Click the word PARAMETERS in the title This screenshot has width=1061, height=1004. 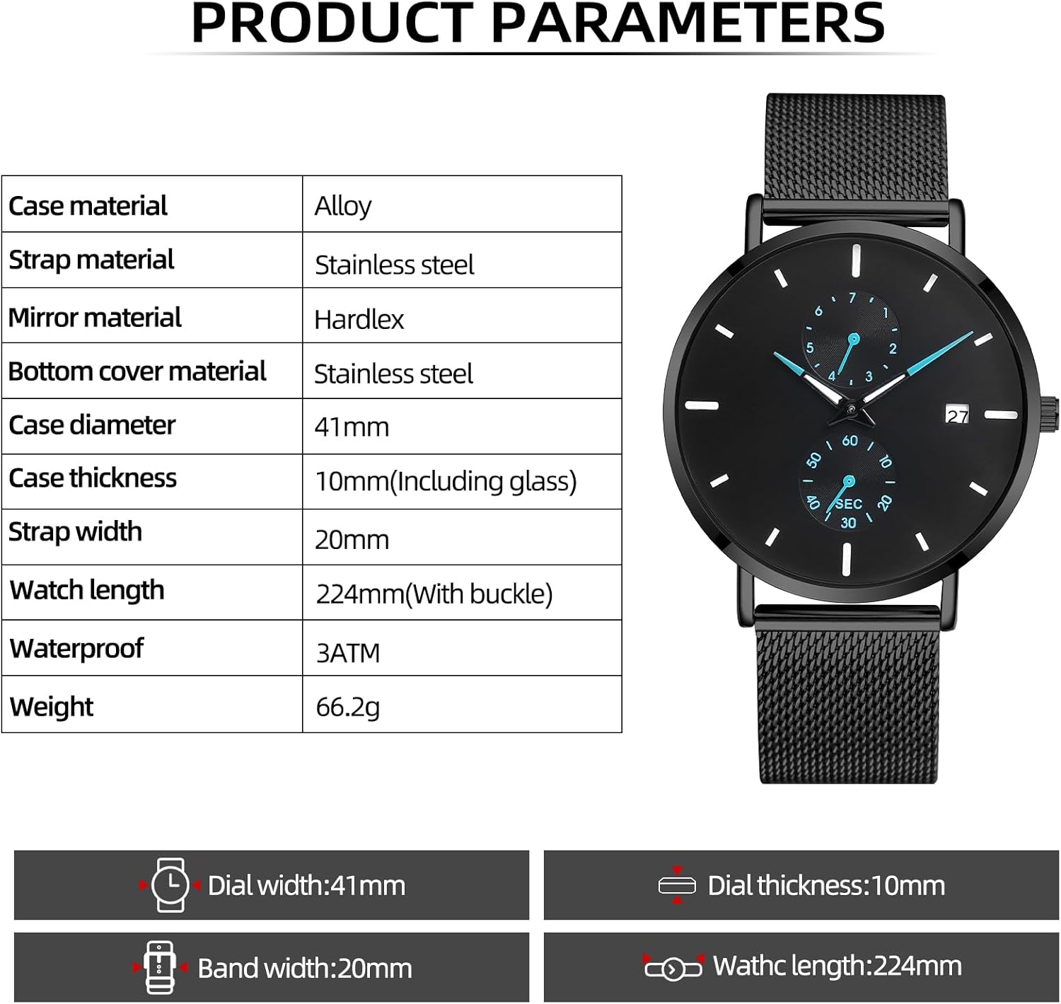tap(688, 23)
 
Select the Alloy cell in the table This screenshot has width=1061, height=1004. tap(343, 206)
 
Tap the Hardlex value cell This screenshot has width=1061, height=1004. tap(359, 319)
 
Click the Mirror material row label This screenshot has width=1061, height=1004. tap(95, 317)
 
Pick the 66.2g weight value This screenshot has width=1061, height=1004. tap(347, 706)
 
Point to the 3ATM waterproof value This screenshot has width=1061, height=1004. tap(347, 652)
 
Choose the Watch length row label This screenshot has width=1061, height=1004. tap(87, 590)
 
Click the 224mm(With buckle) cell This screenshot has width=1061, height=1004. tap(434, 594)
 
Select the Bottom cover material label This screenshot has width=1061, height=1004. tap(137, 371)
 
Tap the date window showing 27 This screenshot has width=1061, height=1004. tap(957, 415)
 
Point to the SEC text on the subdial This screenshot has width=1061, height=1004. tap(849, 504)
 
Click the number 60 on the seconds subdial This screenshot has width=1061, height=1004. tap(850, 441)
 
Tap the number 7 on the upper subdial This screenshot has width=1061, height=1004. tap(852, 299)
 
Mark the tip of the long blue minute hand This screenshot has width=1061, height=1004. tap(971, 333)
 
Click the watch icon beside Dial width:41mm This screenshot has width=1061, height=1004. tap(170, 884)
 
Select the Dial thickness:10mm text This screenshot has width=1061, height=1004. tap(826, 885)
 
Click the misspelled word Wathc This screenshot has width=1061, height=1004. tap(749, 966)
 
